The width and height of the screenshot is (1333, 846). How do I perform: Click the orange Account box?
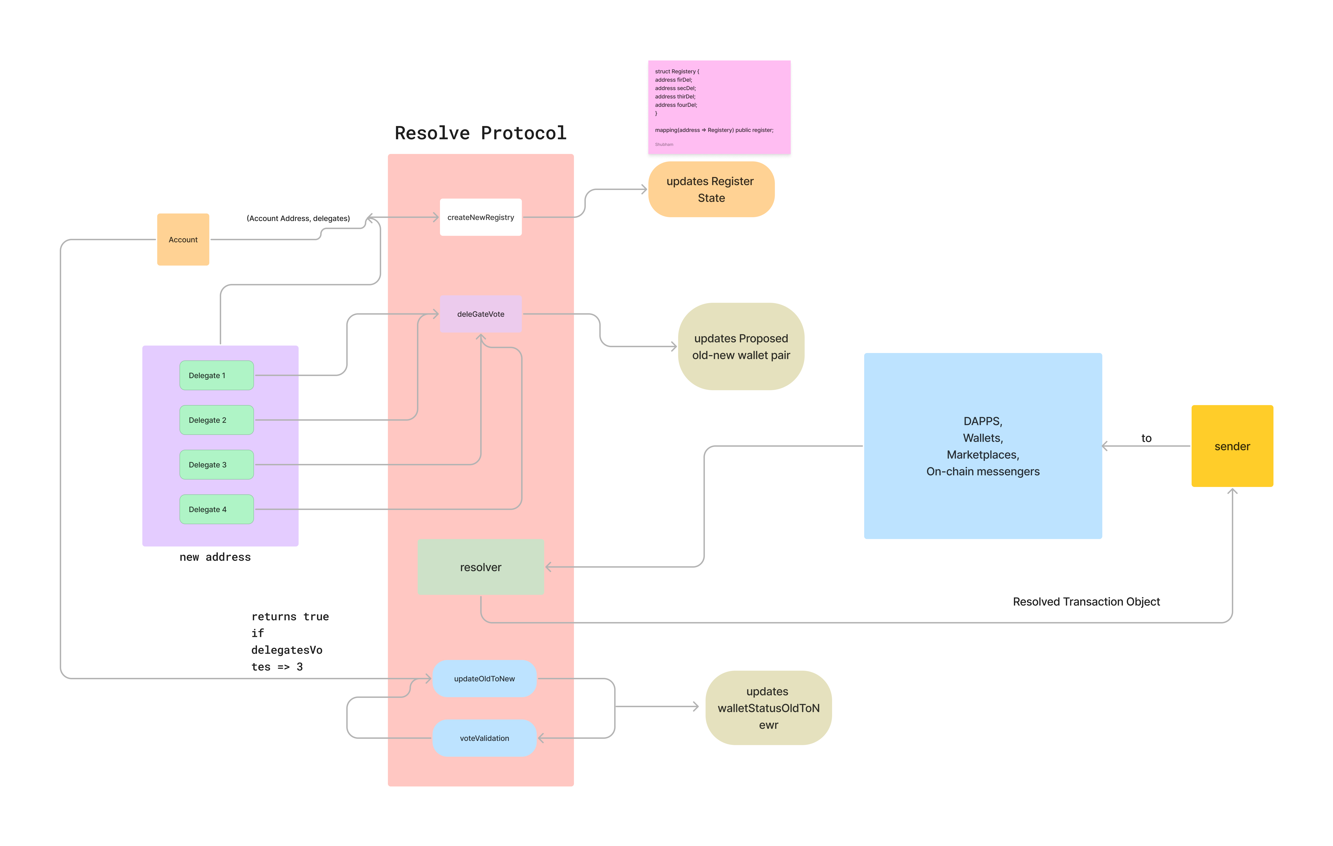click(x=183, y=239)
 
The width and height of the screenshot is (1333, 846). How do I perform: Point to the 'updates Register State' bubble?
click(x=711, y=189)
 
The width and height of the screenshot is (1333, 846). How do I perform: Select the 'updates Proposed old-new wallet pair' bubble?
click(x=741, y=346)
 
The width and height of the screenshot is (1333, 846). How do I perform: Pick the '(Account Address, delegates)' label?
click(x=298, y=218)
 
